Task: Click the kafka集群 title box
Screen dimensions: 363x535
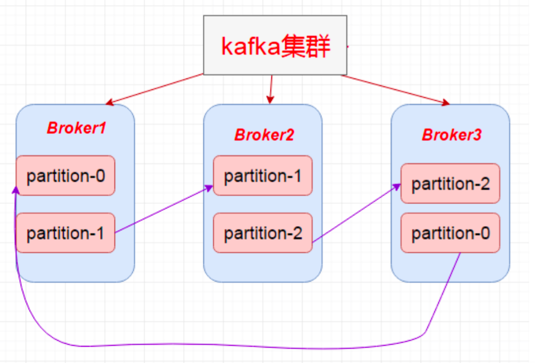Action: click(x=275, y=45)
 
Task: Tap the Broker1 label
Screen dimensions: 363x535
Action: click(x=76, y=128)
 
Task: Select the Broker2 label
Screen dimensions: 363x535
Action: click(x=264, y=135)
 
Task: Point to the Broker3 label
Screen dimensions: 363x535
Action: click(x=451, y=135)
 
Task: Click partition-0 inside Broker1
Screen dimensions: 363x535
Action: click(x=66, y=176)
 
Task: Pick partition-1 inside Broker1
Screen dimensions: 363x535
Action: click(x=66, y=233)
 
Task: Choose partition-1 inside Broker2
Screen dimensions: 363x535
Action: click(x=263, y=176)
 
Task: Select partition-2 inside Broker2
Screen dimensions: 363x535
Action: click(x=263, y=233)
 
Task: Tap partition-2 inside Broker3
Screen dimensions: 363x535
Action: click(x=450, y=183)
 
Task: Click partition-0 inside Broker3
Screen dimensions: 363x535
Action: click(x=450, y=233)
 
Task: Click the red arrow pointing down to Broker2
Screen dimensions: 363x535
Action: click(x=271, y=89)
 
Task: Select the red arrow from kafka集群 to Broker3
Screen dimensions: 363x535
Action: click(x=393, y=89)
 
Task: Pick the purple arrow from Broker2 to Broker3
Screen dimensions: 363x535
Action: click(x=353, y=214)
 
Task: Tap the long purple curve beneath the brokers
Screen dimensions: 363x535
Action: click(x=228, y=346)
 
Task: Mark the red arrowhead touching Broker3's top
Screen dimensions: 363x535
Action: click(x=445, y=103)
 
